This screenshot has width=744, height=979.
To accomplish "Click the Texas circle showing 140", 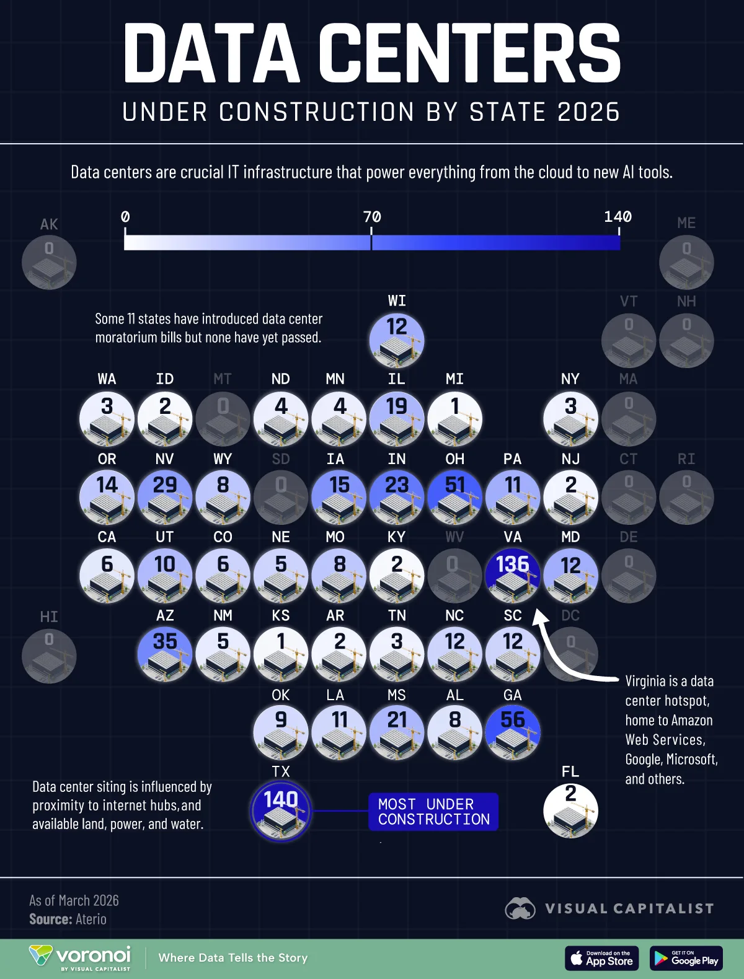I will (280, 810).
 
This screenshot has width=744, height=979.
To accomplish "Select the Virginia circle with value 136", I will (513, 575).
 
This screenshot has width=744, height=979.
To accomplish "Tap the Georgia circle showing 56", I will (513, 732).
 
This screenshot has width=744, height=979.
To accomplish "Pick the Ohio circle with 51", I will (454, 496).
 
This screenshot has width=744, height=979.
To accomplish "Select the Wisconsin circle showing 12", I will (397, 340).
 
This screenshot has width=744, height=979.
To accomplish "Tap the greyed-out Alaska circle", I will (49, 261).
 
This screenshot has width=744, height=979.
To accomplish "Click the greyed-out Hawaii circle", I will (49, 655).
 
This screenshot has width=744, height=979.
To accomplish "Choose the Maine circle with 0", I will (686, 261).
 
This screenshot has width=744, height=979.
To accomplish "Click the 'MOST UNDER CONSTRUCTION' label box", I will (433, 812).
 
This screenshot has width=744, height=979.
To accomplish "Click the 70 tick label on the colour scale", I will (372, 217).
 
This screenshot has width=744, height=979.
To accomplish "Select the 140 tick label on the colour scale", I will (618, 217).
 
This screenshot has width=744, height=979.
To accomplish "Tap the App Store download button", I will (601, 959).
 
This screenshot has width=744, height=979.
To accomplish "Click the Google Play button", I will (686, 959).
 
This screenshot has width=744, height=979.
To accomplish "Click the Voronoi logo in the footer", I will (81, 957).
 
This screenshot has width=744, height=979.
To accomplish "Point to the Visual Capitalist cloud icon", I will (520, 909).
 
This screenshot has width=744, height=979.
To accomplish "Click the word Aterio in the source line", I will (91, 920).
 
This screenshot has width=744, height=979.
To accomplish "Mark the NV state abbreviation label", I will (165, 459).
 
